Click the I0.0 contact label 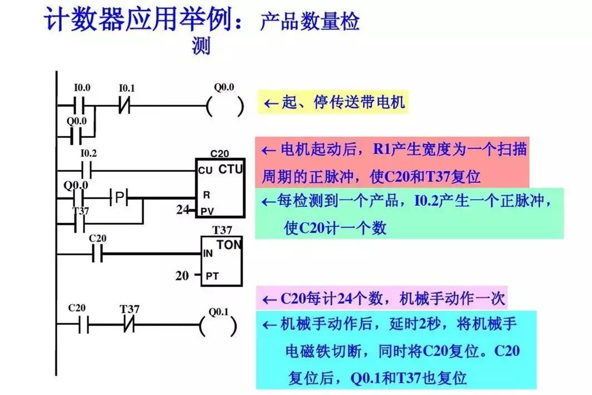tap(82, 88)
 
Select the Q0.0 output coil tap(225, 106)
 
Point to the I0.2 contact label tap(88, 153)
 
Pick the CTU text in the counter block tap(230, 169)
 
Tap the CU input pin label tap(205, 171)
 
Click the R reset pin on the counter tap(206, 196)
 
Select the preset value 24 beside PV tap(182, 211)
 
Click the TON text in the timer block tap(228, 245)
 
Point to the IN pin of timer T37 tap(208, 254)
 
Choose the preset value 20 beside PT tap(182, 275)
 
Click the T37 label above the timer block tap(222, 230)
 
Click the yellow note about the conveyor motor tap(333, 103)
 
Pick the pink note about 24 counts tap(384, 299)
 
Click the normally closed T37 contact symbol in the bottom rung tap(129, 325)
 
